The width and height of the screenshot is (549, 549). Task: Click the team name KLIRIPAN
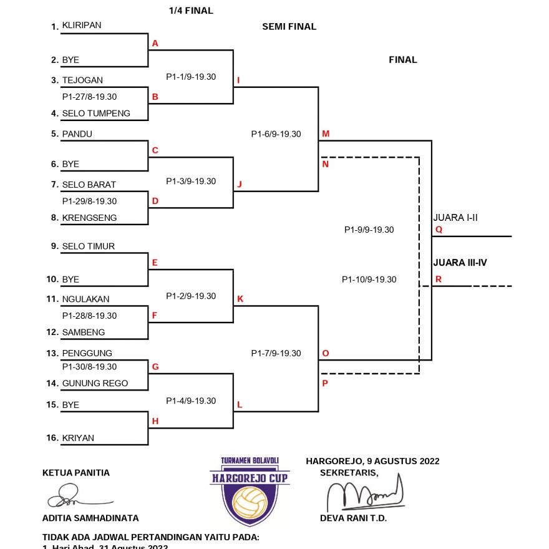[x=81, y=26]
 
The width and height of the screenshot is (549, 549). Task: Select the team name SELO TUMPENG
[x=96, y=114]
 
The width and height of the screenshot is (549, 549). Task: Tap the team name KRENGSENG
[x=89, y=218]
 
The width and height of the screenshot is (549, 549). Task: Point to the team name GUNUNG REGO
[x=95, y=383]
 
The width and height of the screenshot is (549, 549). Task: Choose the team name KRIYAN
[x=78, y=438]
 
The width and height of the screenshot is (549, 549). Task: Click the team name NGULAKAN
[x=85, y=299]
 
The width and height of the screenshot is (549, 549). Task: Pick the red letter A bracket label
[x=155, y=44]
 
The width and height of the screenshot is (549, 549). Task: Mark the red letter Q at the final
[x=439, y=230]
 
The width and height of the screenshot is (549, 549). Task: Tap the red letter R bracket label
[x=439, y=279]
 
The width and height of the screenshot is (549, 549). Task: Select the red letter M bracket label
[x=326, y=134]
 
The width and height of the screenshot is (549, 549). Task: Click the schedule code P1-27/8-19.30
[x=89, y=97]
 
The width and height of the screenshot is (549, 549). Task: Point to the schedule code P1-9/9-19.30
[x=369, y=230]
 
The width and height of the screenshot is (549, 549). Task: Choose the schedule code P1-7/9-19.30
[x=276, y=353]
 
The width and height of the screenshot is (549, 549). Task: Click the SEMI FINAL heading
[x=289, y=27]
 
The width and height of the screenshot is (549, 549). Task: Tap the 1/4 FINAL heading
[x=191, y=11]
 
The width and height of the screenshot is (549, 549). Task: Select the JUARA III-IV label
[x=460, y=263]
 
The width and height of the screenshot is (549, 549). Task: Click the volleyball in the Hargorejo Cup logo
[x=250, y=502]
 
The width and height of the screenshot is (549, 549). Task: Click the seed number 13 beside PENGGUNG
[x=52, y=353]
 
